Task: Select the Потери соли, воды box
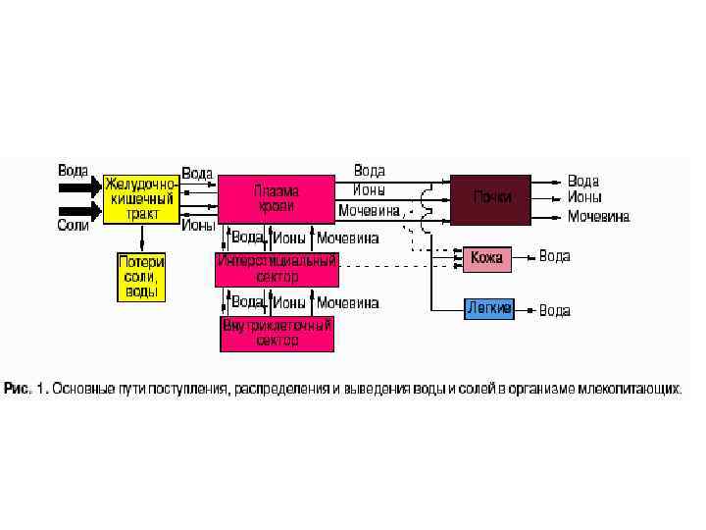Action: tap(141, 277)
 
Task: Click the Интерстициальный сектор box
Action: tap(277, 268)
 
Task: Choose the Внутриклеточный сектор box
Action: tap(277, 333)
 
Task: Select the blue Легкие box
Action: tap(487, 308)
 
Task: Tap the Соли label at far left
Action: tap(73, 225)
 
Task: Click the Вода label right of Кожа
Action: tap(554, 256)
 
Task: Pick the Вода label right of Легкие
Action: tap(554, 310)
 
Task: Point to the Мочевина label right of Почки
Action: tap(598, 216)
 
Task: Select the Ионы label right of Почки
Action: tap(584, 197)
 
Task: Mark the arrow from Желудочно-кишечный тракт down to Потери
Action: tap(141, 238)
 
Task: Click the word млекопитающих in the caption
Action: tap(636, 389)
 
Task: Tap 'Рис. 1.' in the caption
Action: tap(25, 389)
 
